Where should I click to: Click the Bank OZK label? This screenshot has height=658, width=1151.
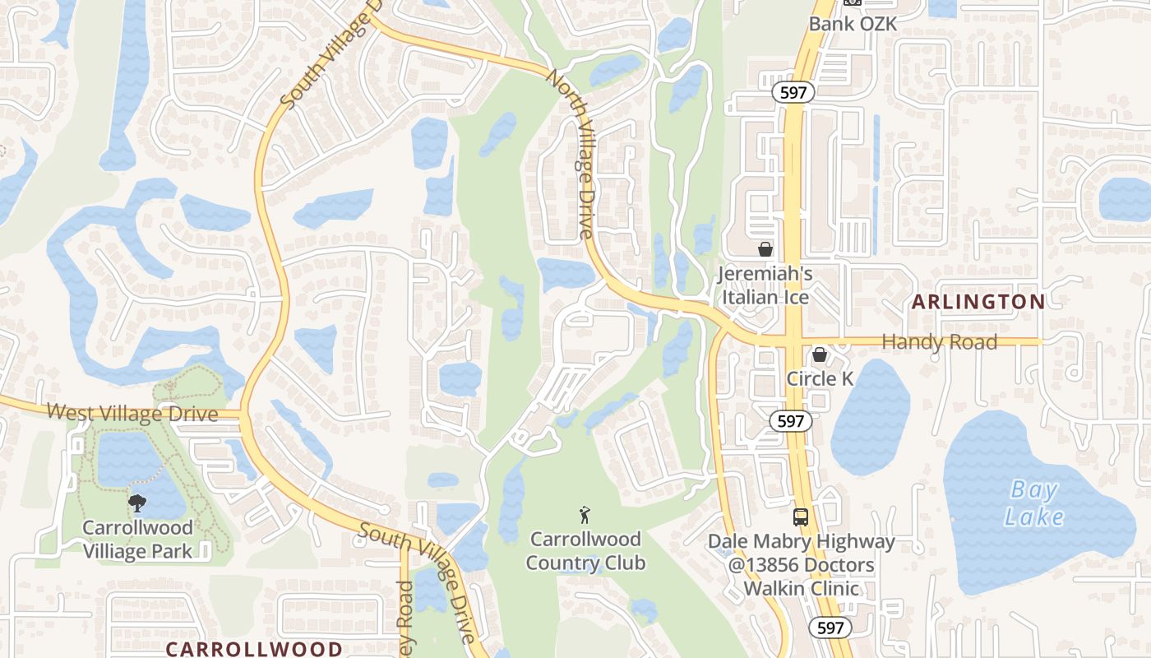[853, 23]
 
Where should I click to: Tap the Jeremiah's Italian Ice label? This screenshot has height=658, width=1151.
[765, 285]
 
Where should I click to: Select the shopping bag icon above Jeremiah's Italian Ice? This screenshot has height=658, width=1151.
[765, 248]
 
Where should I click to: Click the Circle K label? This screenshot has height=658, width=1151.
[820, 378]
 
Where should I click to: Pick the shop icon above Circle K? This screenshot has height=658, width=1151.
[820, 354]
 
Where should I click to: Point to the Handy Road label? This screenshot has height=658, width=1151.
[939, 341]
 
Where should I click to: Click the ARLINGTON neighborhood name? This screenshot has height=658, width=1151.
[978, 302]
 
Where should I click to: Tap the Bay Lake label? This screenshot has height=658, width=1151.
[1034, 503]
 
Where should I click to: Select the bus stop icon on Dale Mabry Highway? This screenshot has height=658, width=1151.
[800, 517]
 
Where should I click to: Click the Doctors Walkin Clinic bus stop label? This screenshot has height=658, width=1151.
[802, 565]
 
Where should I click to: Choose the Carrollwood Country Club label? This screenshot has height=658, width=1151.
[585, 551]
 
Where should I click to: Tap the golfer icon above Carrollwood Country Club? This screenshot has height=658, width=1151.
[585, 516]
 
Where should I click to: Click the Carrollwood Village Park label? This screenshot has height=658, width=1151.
[137, 539]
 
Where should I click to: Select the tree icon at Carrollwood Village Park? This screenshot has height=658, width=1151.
[137, 503]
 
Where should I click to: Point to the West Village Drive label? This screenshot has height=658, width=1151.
[132, 412]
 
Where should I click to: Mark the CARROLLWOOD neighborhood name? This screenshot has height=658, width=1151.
[254, 648]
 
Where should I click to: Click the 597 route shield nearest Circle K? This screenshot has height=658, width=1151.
[790, 421]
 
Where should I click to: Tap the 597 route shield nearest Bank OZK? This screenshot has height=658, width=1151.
[793, 93]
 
